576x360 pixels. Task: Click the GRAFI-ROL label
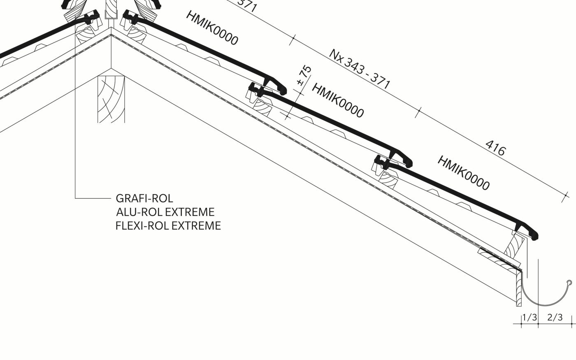tap(144, 198)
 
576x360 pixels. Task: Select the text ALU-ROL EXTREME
tap(165, 212)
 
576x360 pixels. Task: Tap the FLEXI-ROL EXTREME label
tap(168, 225)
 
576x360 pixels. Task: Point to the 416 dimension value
tap(495, 148)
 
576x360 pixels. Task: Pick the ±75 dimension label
tap(304, 76)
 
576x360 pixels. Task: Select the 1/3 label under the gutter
tap(530, 318)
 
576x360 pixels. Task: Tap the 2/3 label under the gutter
tap(555, 318)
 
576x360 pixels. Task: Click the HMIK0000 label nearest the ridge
tap(212, 28)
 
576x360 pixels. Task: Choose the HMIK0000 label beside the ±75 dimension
tap(338, 100)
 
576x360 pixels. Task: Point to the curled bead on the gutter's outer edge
tap(569, 283)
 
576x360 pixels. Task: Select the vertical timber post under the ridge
tap(111, 99)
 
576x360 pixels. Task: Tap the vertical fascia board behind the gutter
tap(519, 289)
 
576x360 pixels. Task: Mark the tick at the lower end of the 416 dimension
tap(565, 197)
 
